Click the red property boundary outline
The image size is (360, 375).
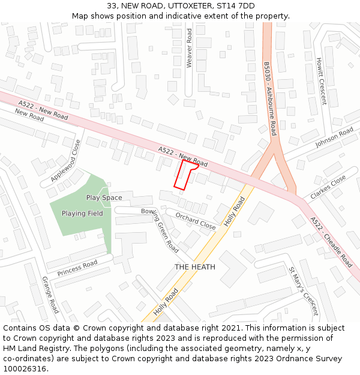coord(185,175)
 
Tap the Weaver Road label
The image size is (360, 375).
coord(189,48)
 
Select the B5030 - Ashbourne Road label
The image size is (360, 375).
coord(269,98)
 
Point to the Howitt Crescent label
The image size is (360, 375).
coord(322,81)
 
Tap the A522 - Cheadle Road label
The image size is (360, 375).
coord(331,242)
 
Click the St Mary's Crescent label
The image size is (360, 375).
coord(302,291)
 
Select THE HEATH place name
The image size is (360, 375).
coord(195,266)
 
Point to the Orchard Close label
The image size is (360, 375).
coord(196,221)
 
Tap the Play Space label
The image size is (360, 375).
coord(104,197)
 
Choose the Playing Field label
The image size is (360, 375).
coord(82,214)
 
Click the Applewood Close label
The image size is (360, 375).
coord(65,161)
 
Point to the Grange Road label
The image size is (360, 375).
coord(50,295)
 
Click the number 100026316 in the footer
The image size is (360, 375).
coord(25,369)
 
